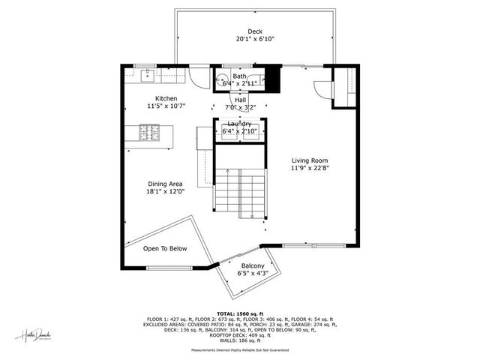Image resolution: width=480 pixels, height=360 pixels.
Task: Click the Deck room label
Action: coord(255,31)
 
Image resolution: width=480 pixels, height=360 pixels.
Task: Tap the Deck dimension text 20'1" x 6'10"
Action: coord(255,39)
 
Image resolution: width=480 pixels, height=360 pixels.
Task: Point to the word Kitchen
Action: coord(166,98)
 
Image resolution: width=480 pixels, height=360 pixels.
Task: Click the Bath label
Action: coord(239,76)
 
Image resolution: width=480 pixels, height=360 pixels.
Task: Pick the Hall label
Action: coord(240,100)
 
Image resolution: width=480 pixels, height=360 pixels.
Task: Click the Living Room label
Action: coord(310,160)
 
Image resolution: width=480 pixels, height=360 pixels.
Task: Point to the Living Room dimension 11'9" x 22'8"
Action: coord(310,169)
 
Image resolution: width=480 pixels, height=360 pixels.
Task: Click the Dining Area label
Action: coord(166,183)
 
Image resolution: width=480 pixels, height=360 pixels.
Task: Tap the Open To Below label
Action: coord(165,249)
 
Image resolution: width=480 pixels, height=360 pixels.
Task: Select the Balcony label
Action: coord(252,266)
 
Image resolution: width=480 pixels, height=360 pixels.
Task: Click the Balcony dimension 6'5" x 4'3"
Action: coord(252,274)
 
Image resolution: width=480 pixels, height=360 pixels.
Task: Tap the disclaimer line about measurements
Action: coord(240,349)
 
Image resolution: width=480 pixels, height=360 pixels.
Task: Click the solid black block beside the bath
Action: coord(271,78)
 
